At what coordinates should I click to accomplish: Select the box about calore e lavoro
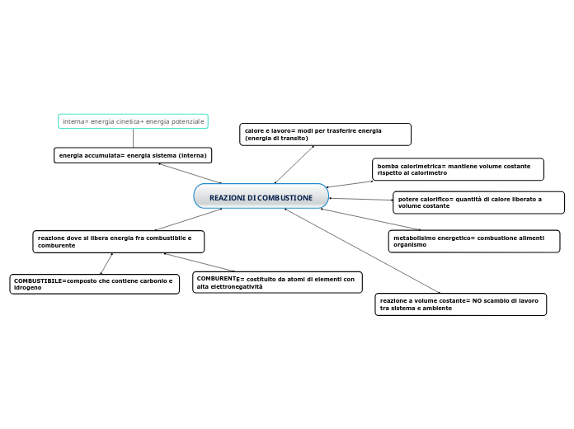click(325, 134)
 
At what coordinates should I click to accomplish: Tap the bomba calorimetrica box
click(457, 169)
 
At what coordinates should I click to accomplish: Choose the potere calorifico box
click(478, 202)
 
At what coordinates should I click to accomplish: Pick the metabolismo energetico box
click(473, 241)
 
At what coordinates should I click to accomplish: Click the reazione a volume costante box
click(460, 304)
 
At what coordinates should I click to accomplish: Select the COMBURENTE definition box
click(276, 282)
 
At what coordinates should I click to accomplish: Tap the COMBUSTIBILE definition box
click(94, 284)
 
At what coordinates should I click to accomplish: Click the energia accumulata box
click(133, 155)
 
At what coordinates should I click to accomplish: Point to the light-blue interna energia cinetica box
click(133, 121)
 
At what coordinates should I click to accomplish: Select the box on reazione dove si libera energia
click(118, 241)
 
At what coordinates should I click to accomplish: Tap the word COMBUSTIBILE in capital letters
click(38, 280)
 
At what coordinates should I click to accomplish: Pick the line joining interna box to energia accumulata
click(133, 139)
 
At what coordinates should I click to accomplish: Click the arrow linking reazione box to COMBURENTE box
click(200, 262)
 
